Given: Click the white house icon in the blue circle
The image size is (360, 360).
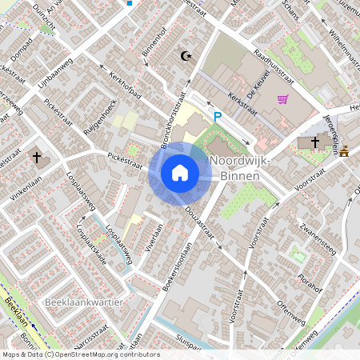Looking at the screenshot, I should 180,172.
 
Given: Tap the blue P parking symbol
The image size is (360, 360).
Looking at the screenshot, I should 216,118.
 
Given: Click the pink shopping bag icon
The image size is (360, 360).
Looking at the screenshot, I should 282,99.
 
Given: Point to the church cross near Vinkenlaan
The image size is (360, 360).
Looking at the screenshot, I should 37,157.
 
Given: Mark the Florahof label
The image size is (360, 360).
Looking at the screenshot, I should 310,283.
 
